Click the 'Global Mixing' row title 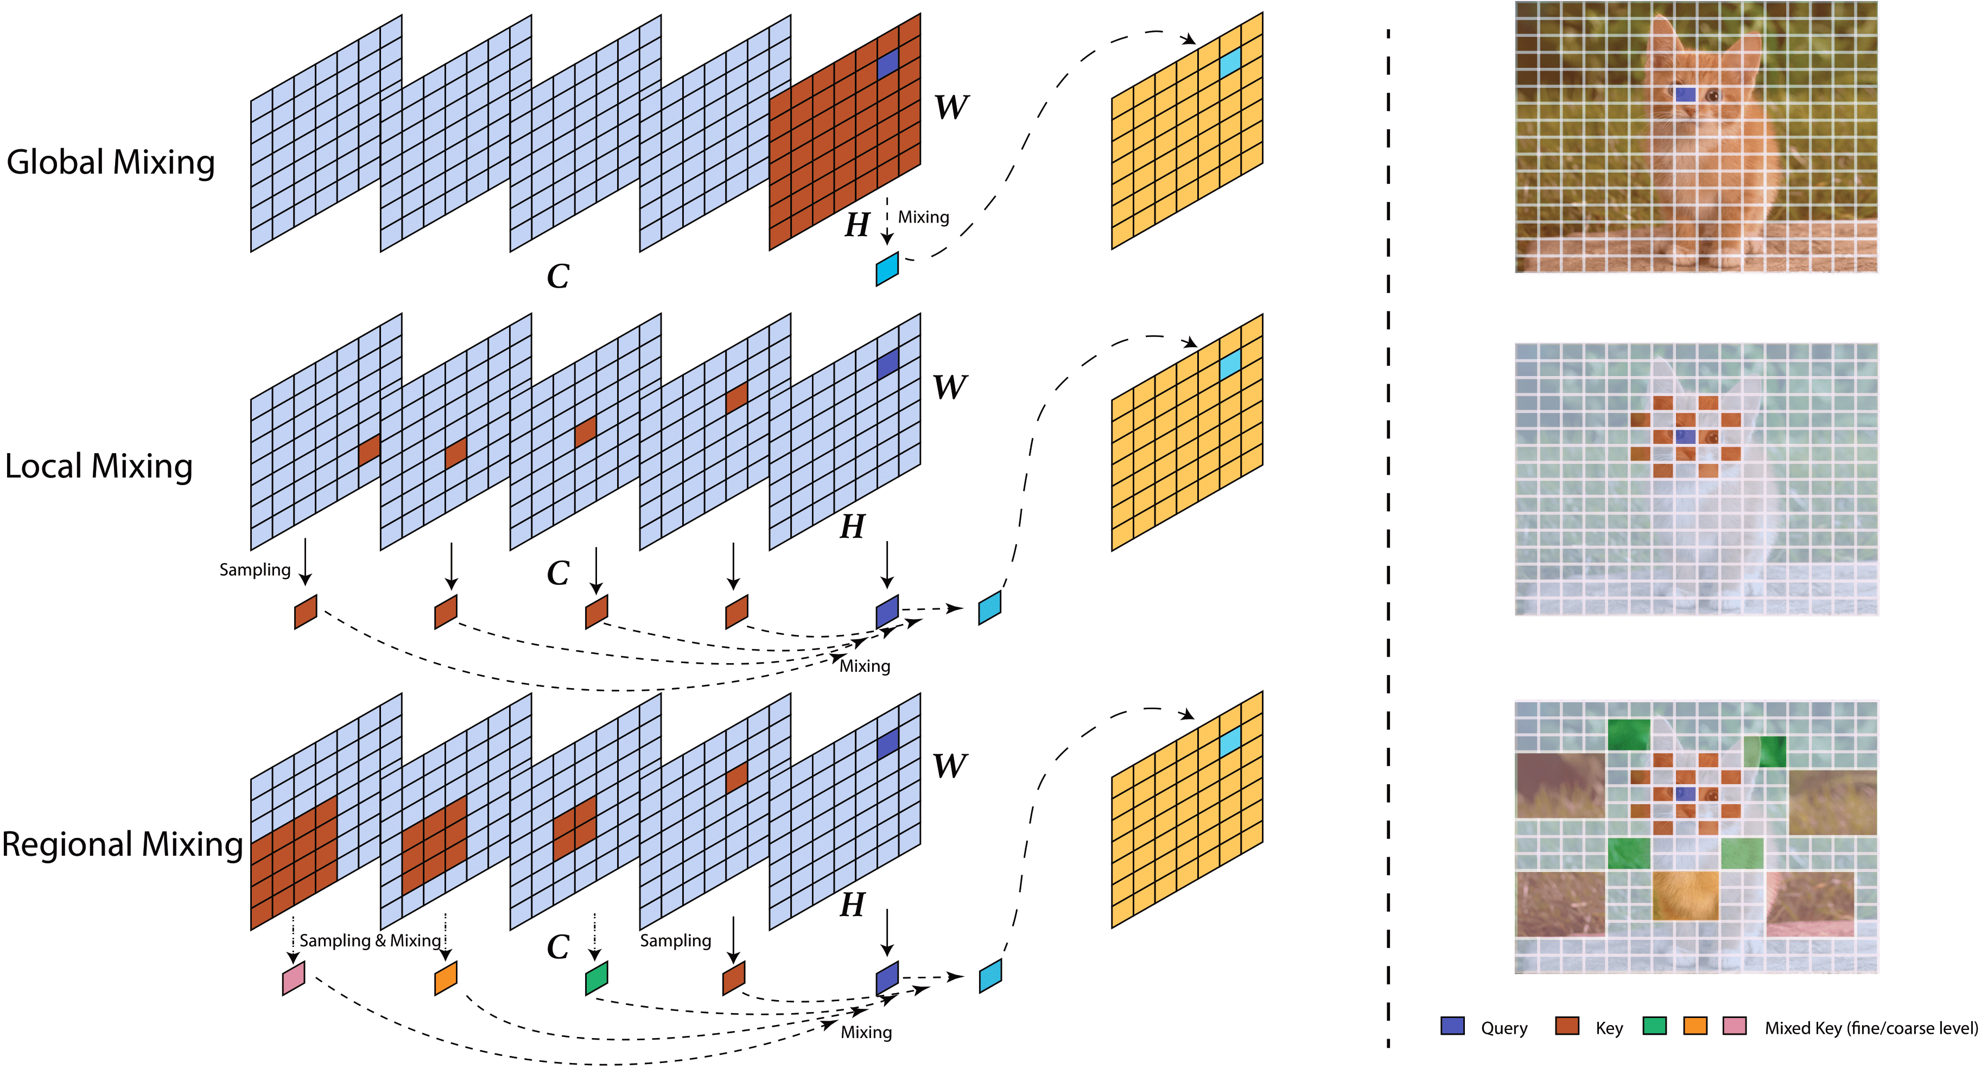click(x=111, y=163)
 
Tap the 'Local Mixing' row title click(x=98, y=467)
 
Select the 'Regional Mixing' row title click(x=122, y=844)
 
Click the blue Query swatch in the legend click(x=1452, y=1026)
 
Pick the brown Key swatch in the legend click(x=1566, y=1026)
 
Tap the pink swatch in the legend click(x=1734, y=1026)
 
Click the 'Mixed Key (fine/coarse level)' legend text click(x=1870, y=1028)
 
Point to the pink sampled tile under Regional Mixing click(x=294, y=978)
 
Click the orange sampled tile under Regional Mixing click(x=446, y=978)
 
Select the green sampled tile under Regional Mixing click(x=597, y=978)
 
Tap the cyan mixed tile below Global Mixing click(x=887, y=269)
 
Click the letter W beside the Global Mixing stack click(x=951, y=107)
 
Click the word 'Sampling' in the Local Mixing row click(x=255, y=570)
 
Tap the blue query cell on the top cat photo click(x=1685, y=94)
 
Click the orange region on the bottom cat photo click(x=1685, y=894)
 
